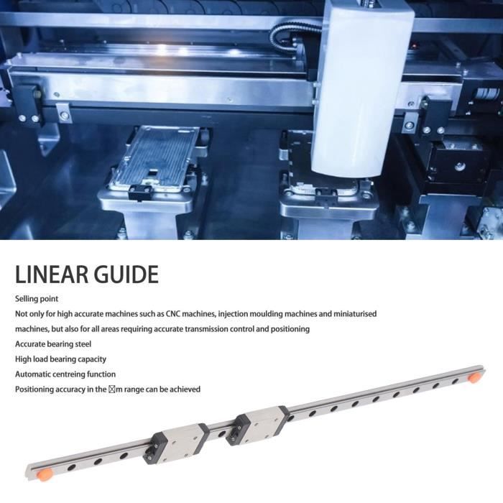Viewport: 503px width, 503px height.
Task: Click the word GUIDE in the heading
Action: tap(126, 274)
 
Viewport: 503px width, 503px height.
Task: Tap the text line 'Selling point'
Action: tap(37, 298)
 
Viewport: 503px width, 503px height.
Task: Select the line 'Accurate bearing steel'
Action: tap(53, 344)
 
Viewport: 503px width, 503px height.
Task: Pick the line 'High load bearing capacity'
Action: tap(60, 359)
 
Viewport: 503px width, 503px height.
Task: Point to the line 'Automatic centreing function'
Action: tap(65, 374)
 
